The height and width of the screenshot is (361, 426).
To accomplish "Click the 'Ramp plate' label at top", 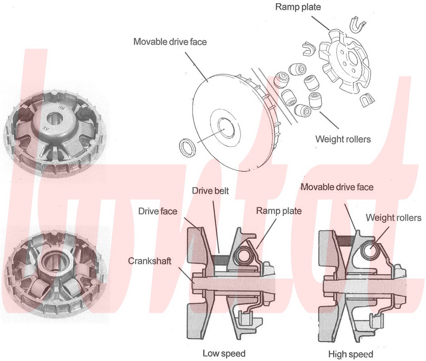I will click(298, 7).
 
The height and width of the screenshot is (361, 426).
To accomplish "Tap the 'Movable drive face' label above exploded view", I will click(170, 42).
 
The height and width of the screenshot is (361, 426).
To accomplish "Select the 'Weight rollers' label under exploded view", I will click(343, 139).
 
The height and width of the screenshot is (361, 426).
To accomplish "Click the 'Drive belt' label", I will click(210, 191).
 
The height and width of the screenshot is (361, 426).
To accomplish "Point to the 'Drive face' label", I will click(158, 211).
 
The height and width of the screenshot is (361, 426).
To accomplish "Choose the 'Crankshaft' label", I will click(150, 261).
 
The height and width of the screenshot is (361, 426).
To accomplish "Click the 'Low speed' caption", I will click(224, 353).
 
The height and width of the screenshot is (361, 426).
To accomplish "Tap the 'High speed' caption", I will click(351, 354).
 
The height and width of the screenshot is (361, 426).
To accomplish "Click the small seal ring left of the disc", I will click(187, 147).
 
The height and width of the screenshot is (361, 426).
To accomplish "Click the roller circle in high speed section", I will click(370, 251).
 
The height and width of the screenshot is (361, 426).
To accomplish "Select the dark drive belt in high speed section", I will click(346, 241).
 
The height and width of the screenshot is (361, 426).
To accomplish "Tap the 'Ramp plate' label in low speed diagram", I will click(279, 211).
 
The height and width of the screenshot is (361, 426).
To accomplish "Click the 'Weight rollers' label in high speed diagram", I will click(393, 218).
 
